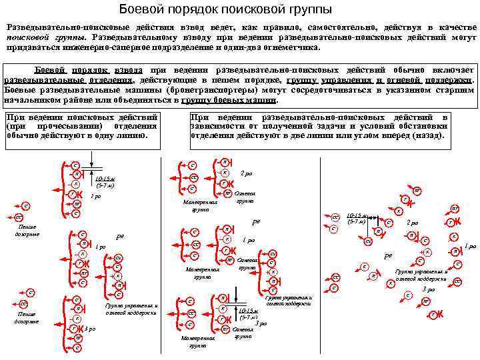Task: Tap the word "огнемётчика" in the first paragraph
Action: pyautogui.click(x=291, y=48)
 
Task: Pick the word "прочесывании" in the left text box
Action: pyautogui.click(x=67, y=126)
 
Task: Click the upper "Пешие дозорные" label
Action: pyautogui.click(x=27, y=230)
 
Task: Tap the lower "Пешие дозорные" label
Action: pyautogui.click(x=27, y=317)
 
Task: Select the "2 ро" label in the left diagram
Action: pyautogui.click(x=95, y=197)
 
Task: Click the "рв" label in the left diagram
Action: pyautogui.click(x=120, y=236)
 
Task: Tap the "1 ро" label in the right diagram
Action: pyautogui.click(x=471, y=246)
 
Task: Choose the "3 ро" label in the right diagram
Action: pyautogui.click(x=428, y=289)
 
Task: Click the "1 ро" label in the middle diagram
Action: pyautogui.click(x=249, y=239)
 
